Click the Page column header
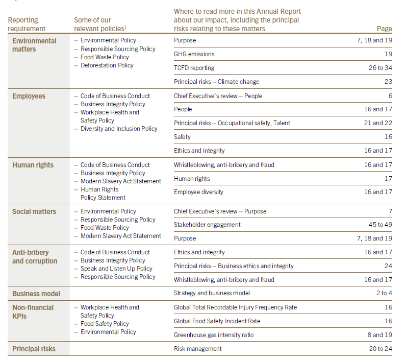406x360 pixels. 384,29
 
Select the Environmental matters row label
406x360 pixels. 34,45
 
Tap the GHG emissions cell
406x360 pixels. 194,54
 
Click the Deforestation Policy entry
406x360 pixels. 107,65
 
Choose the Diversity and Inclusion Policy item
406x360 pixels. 118,129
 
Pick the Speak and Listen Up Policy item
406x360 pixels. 116,269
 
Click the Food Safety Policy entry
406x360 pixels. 104,324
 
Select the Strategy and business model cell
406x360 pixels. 212,294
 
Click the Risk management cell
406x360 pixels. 197,349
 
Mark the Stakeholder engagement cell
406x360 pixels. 207,225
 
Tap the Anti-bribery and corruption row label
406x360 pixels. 35,257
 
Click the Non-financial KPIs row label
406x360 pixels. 33,311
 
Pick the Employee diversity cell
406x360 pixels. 198,192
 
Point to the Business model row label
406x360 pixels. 36,294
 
